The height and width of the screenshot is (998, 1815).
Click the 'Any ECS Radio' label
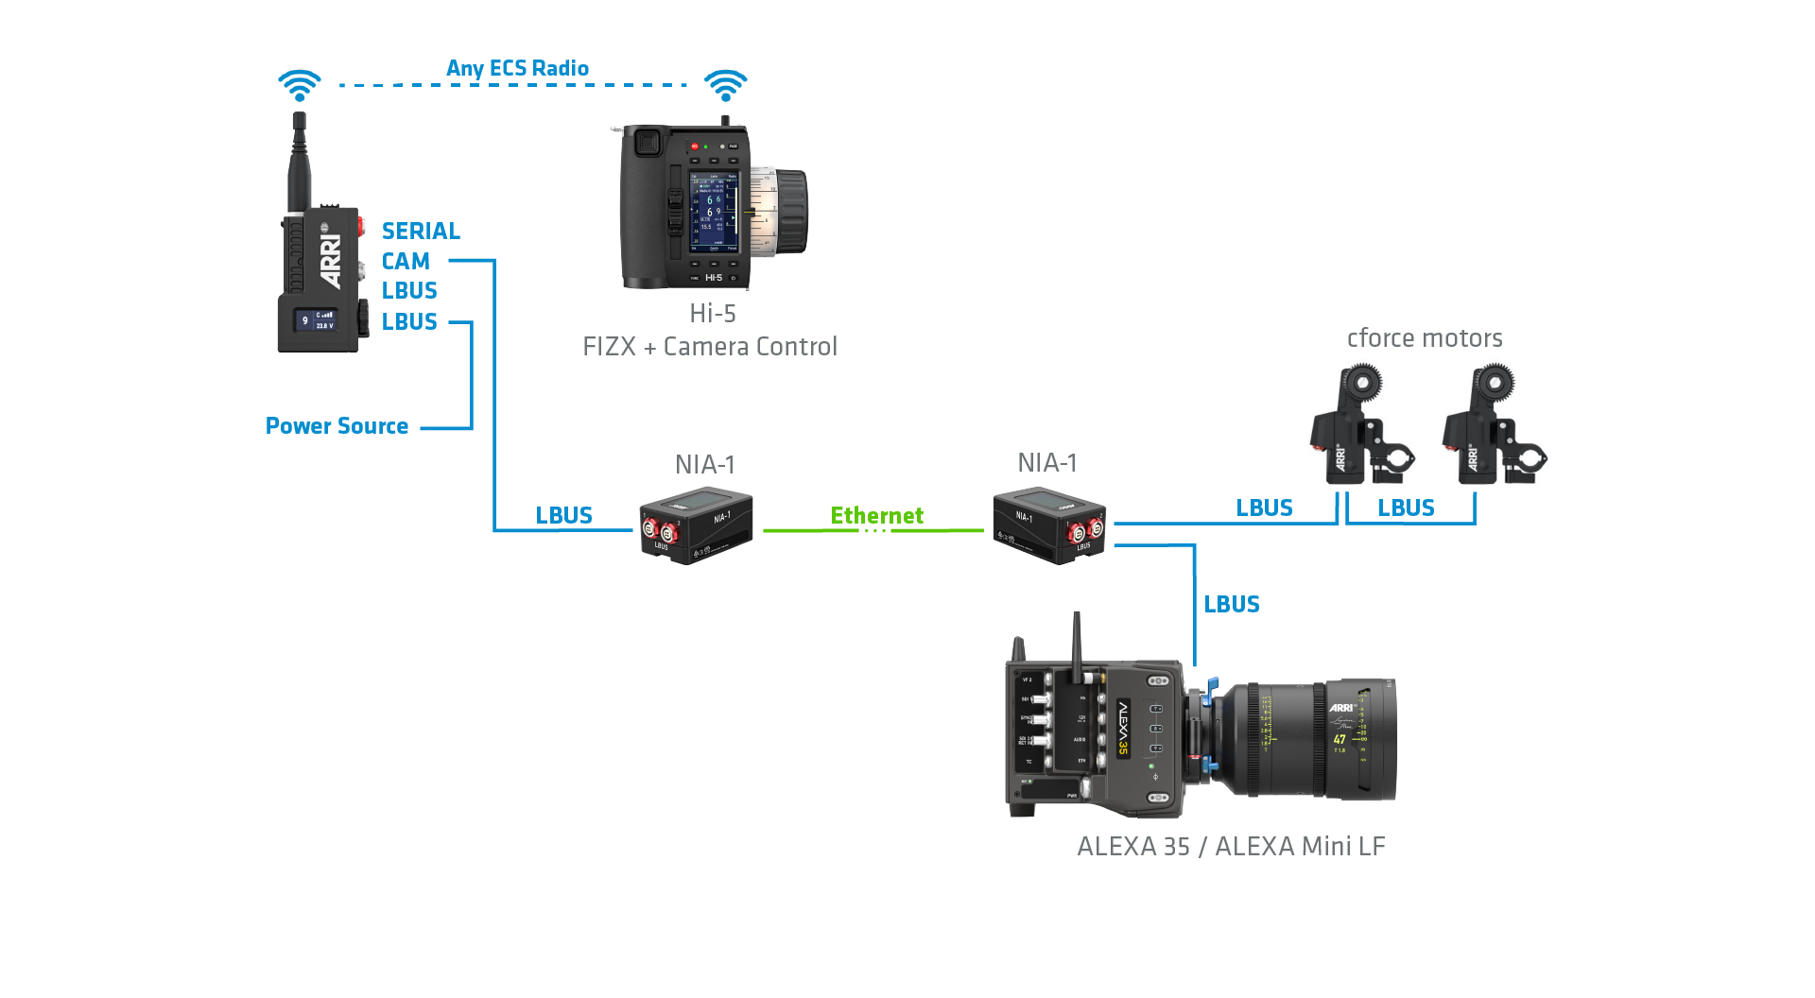tap(517, 68)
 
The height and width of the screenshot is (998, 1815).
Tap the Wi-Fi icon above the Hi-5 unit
tap(725, 85)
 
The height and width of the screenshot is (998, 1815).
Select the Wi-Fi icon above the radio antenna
tap(300, 85)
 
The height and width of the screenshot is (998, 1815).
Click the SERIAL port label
tap(421, 232)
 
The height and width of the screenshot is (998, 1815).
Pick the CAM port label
tap(406, 262)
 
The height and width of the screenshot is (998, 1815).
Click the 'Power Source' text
tap(337, 426)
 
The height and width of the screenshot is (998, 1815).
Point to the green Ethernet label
tap(876, 516)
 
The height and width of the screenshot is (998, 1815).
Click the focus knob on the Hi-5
tap(786, 212)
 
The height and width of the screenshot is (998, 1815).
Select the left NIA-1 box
tap(696, 525)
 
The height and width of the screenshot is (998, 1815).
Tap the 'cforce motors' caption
tap(1425, 338)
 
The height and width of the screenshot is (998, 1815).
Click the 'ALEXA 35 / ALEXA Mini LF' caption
tap(1231, 847)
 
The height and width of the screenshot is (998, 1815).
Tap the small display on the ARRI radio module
tap(316, 320)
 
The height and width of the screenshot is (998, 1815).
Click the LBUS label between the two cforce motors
tap(1406, 508)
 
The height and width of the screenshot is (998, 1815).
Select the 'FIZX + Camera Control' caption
tap(710, 347)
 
